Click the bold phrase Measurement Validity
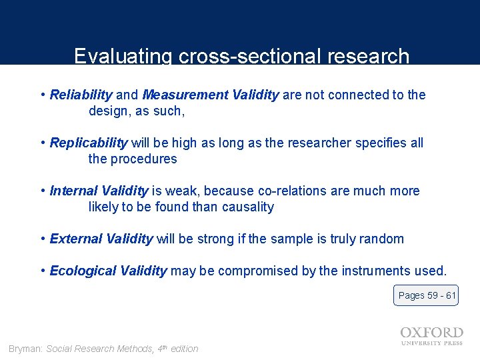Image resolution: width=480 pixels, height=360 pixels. pos(211,95)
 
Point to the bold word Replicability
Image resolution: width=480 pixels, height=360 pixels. pos(88,143)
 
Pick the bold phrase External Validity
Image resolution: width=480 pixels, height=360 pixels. pos(101,239)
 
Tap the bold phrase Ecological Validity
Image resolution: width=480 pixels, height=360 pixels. pos(108,271)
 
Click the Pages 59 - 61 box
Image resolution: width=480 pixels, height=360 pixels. pos(426,295)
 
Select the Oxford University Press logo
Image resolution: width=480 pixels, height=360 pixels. pos(431,336)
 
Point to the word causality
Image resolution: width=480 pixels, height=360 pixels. pos(247,207)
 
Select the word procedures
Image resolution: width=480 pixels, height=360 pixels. pos(145,159)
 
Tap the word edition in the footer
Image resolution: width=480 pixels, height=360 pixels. pos(184,349)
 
